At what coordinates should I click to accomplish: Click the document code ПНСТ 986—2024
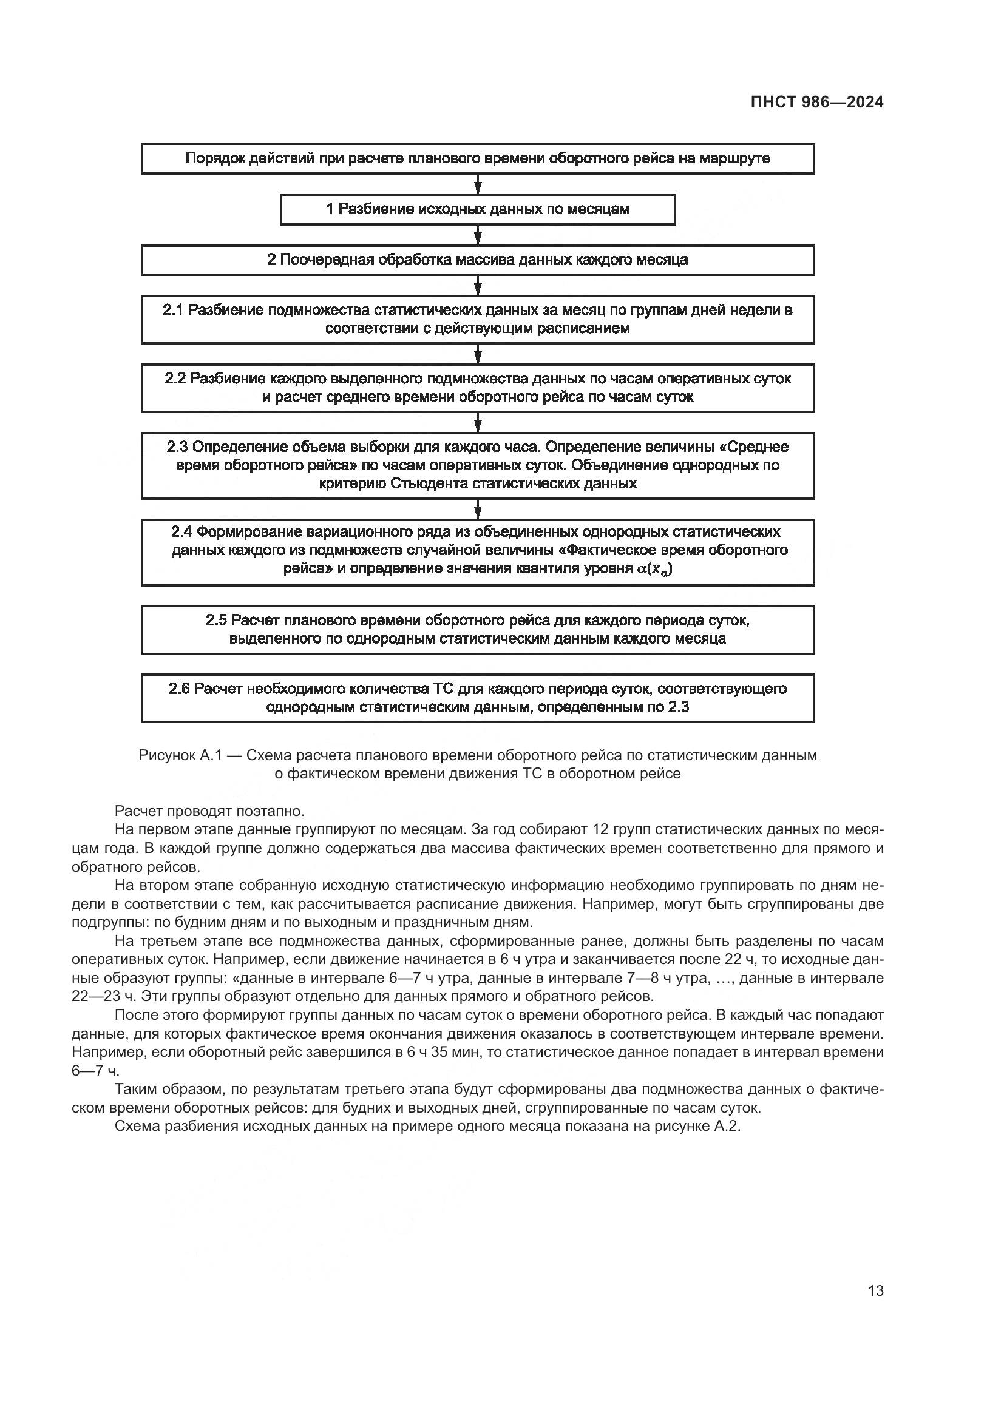pos(816,102)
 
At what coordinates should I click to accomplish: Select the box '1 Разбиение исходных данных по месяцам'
pos(477,209)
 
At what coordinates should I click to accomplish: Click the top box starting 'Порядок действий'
pos(477,158)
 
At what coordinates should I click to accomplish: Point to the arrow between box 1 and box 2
pos(478,235)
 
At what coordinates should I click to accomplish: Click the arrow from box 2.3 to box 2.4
pos(478,509)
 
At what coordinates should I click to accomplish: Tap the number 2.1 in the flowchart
pos(173,309)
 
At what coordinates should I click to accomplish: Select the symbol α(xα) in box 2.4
pos(654,569)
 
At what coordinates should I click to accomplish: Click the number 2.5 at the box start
pos(216,620)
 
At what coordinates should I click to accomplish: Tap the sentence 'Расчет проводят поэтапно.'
pos(209,811)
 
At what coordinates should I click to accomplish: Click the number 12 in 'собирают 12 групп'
pos(600,829)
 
